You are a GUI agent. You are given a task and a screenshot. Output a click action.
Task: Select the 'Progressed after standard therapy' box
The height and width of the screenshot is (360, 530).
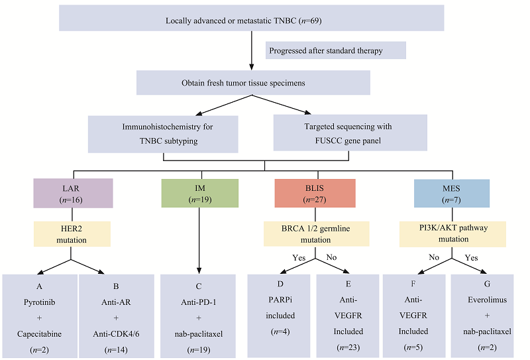coord(335,50)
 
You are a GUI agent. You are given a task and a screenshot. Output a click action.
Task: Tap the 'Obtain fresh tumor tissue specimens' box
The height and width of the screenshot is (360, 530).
coord(253,83)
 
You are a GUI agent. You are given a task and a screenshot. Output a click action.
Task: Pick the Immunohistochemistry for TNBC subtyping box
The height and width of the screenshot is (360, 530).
coord(163,135)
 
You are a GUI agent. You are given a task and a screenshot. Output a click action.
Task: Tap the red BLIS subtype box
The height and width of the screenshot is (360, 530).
coord(315,193)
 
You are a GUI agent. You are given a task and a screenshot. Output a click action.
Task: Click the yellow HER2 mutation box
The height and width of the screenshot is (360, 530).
coord(73,234)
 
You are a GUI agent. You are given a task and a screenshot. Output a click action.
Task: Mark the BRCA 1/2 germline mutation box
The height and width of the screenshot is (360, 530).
coord(315,234)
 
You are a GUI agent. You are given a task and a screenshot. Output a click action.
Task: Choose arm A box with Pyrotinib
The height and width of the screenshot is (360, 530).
coord(39,315)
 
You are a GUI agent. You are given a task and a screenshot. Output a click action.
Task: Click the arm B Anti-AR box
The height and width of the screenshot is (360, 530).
coord(117,315)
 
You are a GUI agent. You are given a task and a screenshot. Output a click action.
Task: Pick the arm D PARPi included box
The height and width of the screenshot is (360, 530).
coord(280,315)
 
